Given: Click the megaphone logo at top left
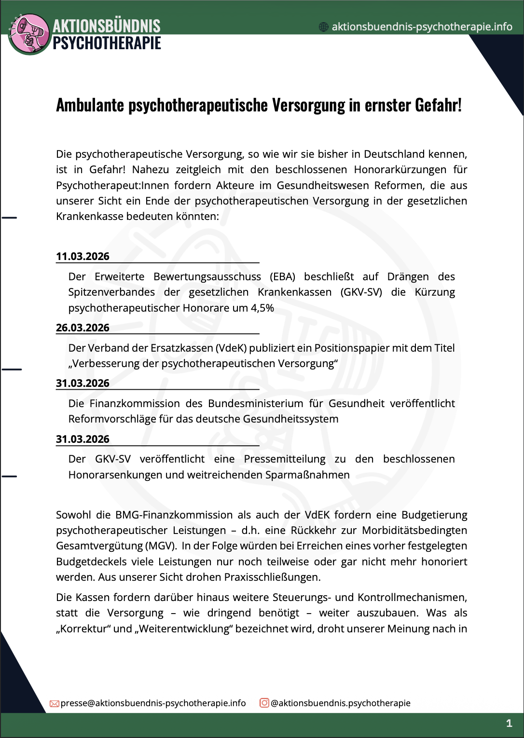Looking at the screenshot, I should (x=29, y=34).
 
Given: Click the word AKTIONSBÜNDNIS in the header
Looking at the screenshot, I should (x=106, y=26).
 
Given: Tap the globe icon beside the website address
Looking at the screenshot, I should (x=324, y=27).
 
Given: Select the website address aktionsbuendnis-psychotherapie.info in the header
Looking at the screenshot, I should (x=422, y=27).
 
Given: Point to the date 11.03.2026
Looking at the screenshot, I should (x=83, y=256).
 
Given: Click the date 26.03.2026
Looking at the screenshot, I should (x=83, y=328).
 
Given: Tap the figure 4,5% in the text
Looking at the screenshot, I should (x=262, y=308).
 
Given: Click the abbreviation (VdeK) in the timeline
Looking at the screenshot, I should (x=231, y=348).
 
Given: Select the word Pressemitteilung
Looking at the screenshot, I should (x=284, y=459).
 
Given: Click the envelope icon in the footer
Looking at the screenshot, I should (x=55, y=704).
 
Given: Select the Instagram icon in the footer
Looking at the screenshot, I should (x=264, y=703).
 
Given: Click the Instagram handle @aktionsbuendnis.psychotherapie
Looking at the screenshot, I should (x=341, y=703).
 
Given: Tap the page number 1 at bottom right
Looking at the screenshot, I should (x=509, y=723).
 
